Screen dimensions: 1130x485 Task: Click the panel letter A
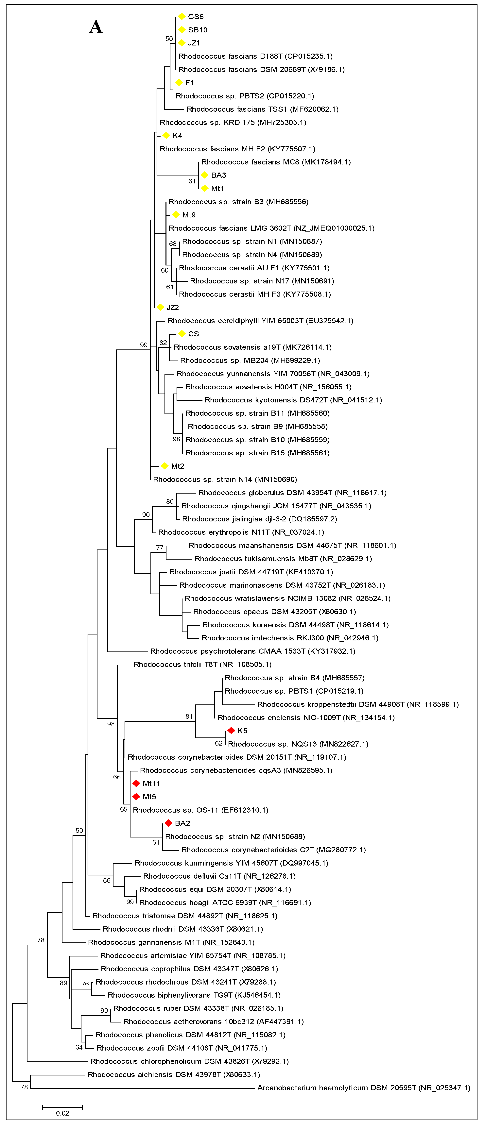(x=96, y=27)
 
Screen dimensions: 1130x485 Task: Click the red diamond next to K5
(x=231, y=730)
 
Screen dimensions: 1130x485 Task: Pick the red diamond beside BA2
(x=168, y=823)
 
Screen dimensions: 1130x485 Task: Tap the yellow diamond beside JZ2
(x=160, y=307)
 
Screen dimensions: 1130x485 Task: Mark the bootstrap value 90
(x=146, y=514)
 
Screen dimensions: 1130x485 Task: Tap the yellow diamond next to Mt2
(x=165, y=466)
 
